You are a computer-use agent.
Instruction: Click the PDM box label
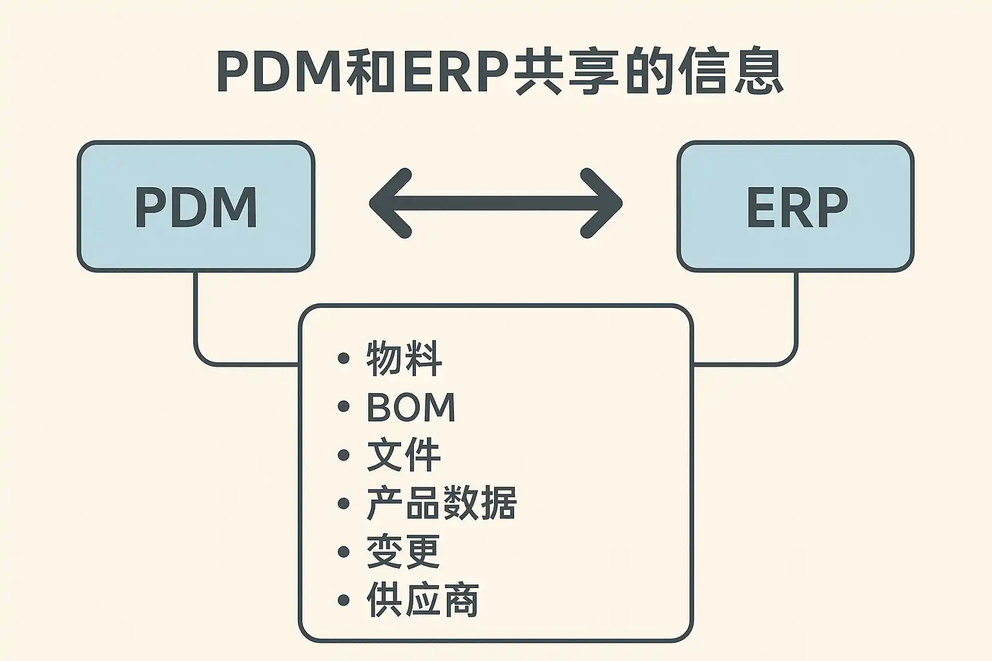point(196,207)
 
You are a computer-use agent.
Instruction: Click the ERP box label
point(796,207)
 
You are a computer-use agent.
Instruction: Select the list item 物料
point(404,359)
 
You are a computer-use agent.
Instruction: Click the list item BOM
point(411,407)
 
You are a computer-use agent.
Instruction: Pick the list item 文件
point(404,455)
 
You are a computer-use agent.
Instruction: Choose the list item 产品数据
point(442,503)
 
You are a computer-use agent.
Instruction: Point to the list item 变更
point(404,552)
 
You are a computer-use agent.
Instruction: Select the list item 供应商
point(422,600)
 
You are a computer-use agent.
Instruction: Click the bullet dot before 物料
point(344,359)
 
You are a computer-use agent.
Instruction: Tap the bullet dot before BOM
point(344,407)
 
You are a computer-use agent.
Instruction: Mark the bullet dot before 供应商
point(344,600)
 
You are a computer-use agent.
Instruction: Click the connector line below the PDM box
point(195,316)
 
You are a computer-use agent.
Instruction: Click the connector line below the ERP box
point(796,316)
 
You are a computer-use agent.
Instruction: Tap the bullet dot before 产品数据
point(344,503)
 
